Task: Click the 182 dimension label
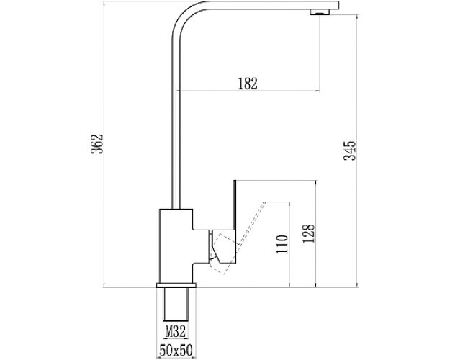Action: (x=247, y=83)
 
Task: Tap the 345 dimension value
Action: (x=351, y=151)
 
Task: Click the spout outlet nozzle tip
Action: (x=315, y=12)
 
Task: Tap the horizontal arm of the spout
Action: (x=252, y=6)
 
